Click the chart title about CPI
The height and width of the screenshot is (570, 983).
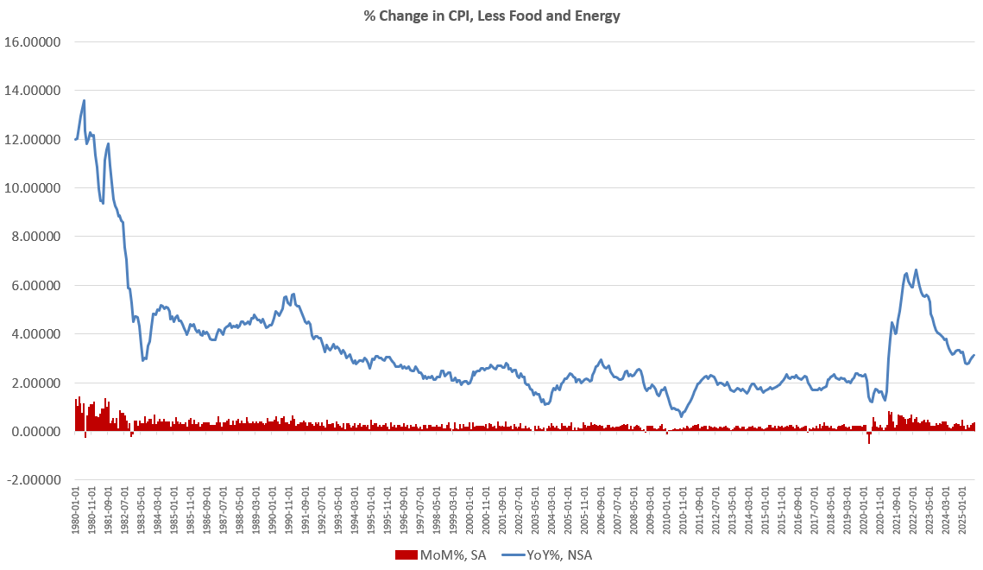491,15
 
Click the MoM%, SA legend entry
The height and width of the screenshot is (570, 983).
439,555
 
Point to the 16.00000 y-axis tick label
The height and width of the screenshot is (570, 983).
35,41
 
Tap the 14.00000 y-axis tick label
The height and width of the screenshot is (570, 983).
35,91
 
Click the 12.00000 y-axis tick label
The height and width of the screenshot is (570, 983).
35,139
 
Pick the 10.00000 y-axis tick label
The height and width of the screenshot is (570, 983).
35,188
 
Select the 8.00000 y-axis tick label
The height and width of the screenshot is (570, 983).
37,237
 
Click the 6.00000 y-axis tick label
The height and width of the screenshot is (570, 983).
37,286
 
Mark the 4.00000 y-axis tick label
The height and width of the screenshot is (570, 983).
37,334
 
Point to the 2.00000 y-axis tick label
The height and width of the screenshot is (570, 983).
37,383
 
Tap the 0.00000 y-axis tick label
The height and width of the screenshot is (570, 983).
37,432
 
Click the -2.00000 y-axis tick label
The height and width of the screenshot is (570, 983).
35,480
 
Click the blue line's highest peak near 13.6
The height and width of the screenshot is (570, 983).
84,100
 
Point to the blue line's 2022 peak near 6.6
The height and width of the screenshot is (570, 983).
916,269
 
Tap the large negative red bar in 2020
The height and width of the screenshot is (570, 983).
869,438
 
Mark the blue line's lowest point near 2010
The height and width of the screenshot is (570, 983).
681,415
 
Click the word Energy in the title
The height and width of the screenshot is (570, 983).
594,15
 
